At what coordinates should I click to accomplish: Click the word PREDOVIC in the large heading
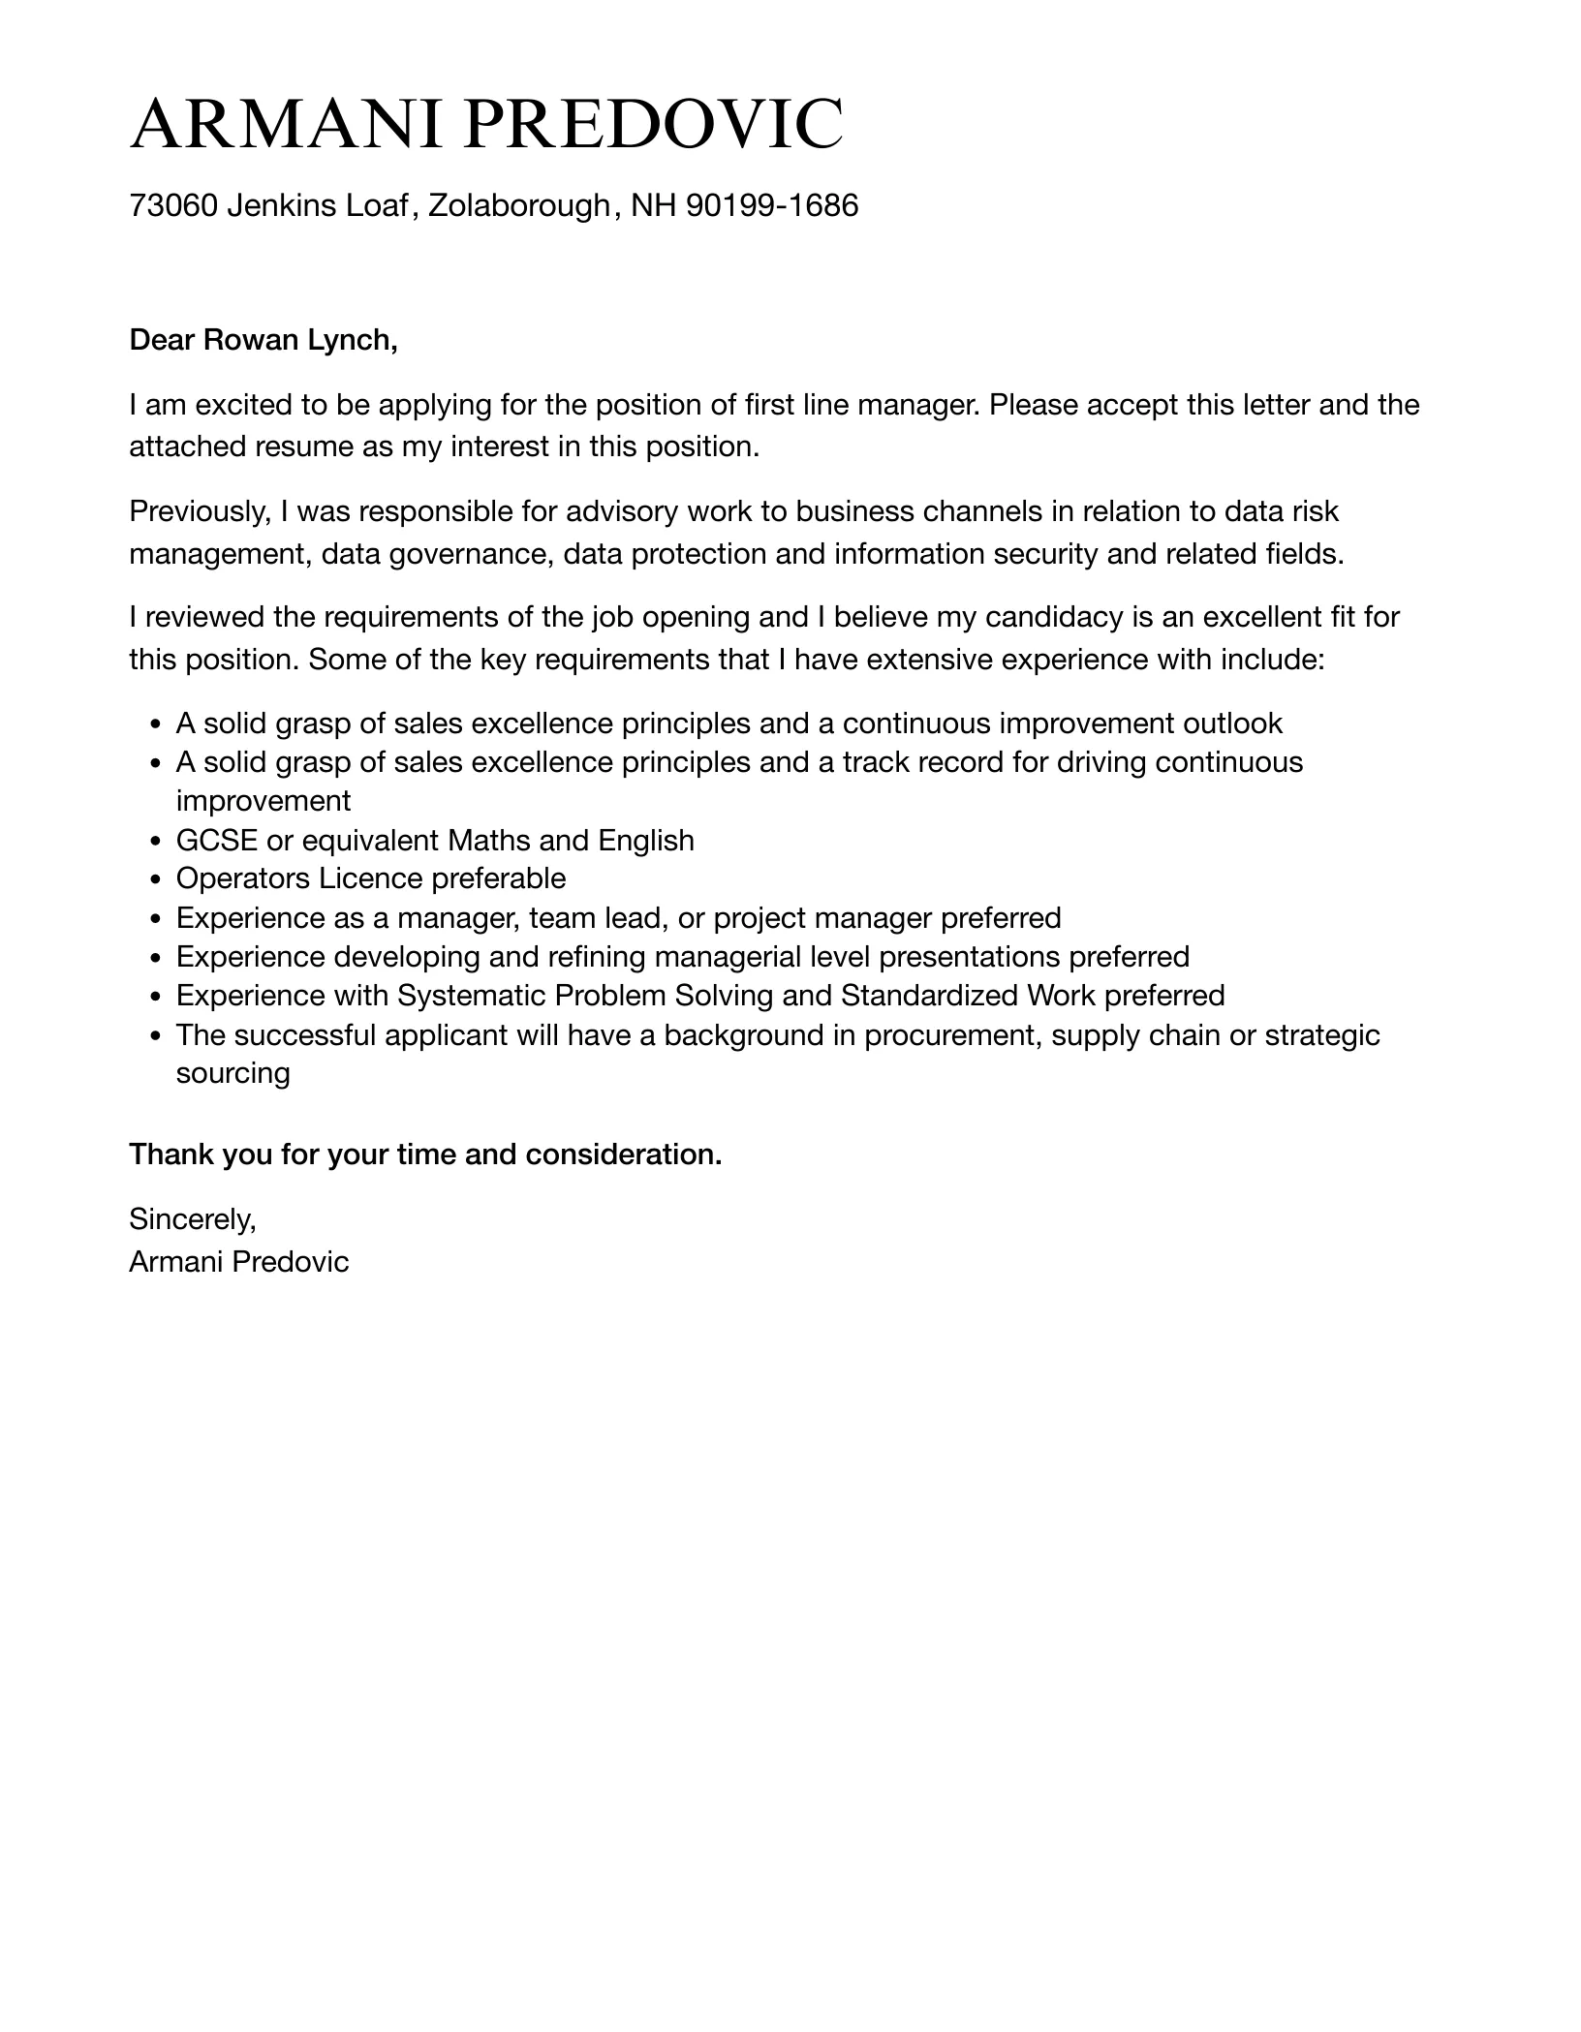pos(652,124)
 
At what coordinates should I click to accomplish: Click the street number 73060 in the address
pos(172,205)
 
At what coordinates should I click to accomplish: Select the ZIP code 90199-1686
pos(772,205)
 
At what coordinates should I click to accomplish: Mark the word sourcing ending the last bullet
pos(232,1073)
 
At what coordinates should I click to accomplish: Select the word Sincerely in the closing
pos(192,1219)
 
